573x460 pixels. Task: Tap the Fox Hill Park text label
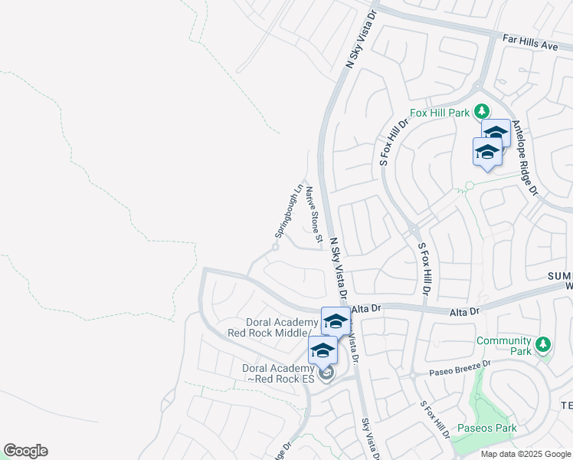(x=439, y=113)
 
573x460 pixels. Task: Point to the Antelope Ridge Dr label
(x=526, y=157)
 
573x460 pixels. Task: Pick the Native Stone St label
(x=313, y=211)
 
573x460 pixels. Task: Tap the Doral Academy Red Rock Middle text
(x=272, y=327)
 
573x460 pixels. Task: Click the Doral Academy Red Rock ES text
(x=275, y=373)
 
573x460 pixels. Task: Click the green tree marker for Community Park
(x=543, y=343)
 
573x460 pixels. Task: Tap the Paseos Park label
(x=487, y=428)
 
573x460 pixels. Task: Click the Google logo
(x=25, y=451)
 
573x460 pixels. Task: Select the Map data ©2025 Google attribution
(x=526, y=454)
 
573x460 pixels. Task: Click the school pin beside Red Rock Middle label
(x=336, y=320)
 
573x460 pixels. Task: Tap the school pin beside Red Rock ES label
(x=323, y=351)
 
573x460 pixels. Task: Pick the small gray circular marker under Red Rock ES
(x=327, y=374)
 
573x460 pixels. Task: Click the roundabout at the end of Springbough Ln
(x=275, y=247)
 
